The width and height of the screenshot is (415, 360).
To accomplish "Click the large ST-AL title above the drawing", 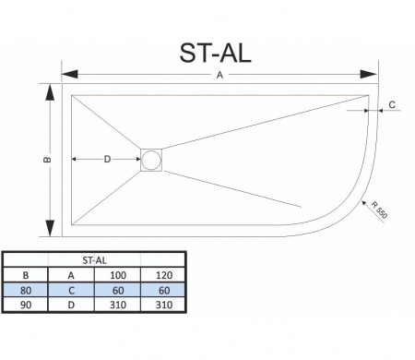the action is point(215,54).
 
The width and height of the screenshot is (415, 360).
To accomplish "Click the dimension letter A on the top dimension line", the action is point(219,75).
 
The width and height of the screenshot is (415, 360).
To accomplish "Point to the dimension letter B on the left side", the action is point(48,160).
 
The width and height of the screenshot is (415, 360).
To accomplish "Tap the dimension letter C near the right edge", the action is point(392,105).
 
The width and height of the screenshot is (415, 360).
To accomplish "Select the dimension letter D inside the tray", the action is point(107,159).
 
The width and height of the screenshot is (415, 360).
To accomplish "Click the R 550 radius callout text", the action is point(379,210).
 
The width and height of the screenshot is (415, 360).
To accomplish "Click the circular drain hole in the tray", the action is point(151,160).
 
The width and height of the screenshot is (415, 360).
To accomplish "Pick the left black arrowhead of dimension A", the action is point(70,74).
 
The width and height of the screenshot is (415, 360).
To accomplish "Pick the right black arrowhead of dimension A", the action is point(369,74).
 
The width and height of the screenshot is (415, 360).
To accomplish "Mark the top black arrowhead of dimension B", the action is point(50,92).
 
